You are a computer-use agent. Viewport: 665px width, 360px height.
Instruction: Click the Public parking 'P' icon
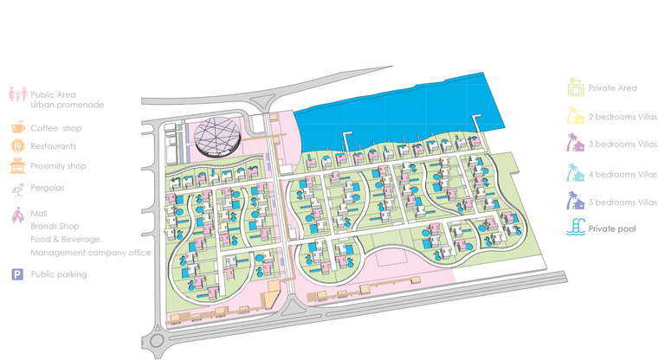click(x=17, y=274)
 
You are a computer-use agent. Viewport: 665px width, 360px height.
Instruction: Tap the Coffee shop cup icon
click(x=17, y=128)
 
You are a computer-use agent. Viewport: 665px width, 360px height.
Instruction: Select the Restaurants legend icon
click(x=17, y=146)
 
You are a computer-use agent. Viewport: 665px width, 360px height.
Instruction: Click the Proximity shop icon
click(x=17, y=166)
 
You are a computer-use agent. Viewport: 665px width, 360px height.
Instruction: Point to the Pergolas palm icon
click(x=17, y=187)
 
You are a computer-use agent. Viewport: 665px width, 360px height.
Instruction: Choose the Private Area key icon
click(x=575, y=87)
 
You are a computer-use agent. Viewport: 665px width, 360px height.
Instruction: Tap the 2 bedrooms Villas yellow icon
click(x=575, y=115)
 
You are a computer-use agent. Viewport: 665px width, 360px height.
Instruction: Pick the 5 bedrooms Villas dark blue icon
click(x=575, y=202)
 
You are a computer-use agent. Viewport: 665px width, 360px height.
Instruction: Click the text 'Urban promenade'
click(x=67, y=105)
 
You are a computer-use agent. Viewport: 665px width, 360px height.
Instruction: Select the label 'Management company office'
click(x=90, y=253)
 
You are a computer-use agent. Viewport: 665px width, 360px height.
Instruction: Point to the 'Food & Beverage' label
click(x=65, y=239)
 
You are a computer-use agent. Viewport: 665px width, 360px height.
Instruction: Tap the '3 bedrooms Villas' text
click(x=623, y=145)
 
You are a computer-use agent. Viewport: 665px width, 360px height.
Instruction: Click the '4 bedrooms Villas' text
click(x=623, y=174)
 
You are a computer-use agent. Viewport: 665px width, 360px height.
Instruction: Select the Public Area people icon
click(x=16, y=95)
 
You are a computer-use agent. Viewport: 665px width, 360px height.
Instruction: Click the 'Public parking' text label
click(x=58, y=274)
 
